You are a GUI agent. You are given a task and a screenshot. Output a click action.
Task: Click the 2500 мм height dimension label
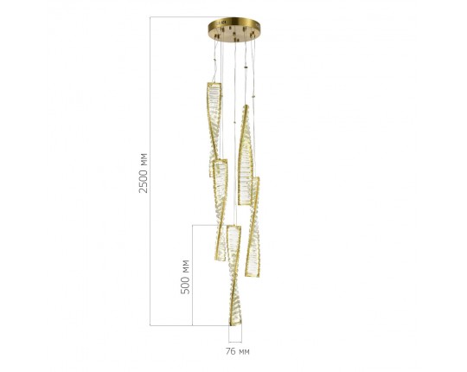(144, 173)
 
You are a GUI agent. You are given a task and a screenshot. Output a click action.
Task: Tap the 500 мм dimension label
(185, 277)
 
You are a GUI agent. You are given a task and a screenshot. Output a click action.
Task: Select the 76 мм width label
(237, 351)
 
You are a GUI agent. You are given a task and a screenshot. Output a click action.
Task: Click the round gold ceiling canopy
(234, 29)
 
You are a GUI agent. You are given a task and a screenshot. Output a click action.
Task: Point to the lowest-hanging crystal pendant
(234, 275)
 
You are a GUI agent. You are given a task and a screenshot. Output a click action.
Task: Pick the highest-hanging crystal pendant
(214, 130)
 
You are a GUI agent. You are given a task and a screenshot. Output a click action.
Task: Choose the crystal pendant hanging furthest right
(253, 227)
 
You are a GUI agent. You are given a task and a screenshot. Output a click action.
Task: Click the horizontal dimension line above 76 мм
(235, 343)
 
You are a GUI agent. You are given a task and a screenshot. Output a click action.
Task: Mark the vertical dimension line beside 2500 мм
(150, 171)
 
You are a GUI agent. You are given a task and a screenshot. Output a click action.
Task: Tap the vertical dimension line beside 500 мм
(192, 275)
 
